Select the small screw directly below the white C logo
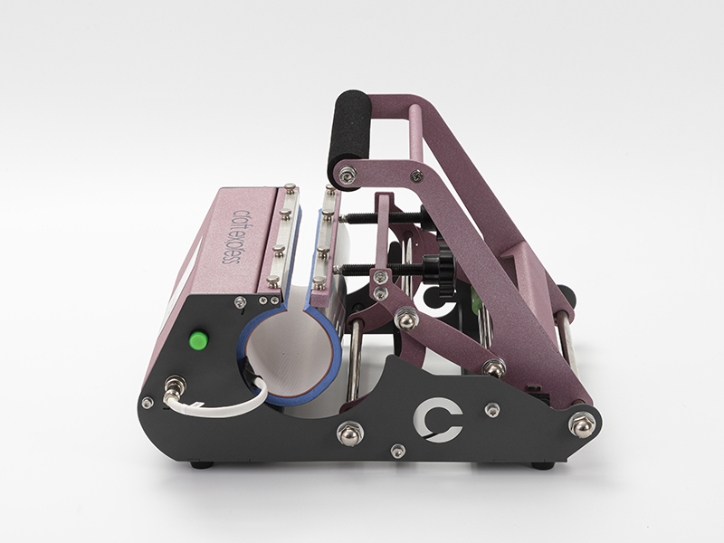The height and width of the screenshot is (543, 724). tap(395, 451)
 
